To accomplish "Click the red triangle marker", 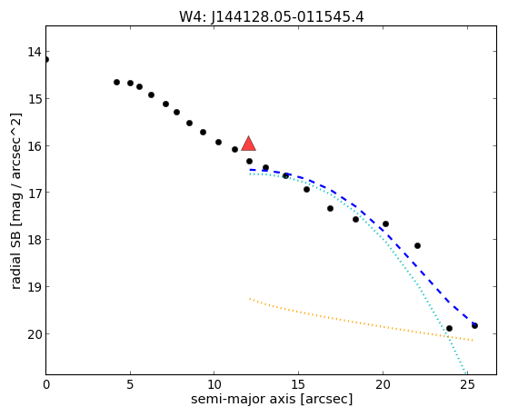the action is tap(248, 144).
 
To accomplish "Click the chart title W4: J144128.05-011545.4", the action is tap(272, 17).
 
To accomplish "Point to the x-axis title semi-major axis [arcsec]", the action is tap(272, 399).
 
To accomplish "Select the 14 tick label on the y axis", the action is tap(35, 52).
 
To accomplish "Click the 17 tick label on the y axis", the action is tap(35, 193).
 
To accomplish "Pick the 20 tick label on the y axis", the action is tap(35, 334).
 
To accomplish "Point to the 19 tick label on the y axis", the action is tap(35, 287).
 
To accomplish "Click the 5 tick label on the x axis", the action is tap(130, 385).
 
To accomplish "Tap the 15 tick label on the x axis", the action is tap(298, 385).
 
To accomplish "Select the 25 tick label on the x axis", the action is tap(467, 385).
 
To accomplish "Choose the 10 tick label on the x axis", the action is tap(214, 385).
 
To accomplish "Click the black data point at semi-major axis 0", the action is tap(46, 60).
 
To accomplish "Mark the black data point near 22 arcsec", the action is tap(418, 246).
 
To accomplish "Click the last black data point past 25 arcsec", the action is tap(474, 325).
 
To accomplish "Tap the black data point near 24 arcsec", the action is tap(449, 329).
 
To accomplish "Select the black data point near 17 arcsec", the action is tap(330, 209).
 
